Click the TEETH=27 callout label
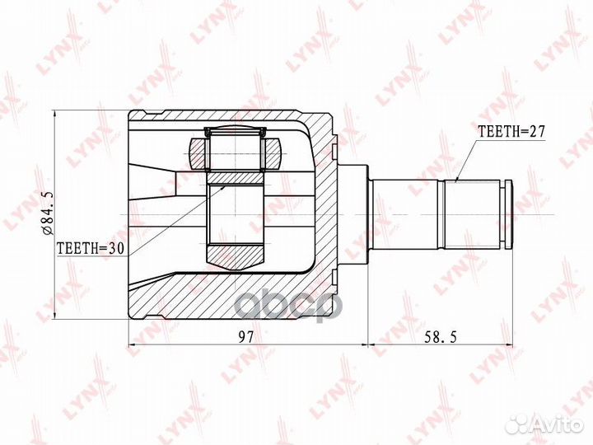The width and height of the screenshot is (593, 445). pyautogui.click(x=511, y=131)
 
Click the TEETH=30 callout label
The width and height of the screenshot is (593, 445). pyautogui.click(x=91, y=248)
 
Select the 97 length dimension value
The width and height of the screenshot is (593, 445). pyautogui.click(x=245, y=336)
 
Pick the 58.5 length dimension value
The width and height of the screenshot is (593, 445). pyautogui.click(x=440, y=336)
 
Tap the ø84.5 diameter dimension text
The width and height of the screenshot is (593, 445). pyautogui.click(x=49, y=213)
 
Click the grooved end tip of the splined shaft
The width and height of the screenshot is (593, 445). pyautogui.click(x=508, y=214)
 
